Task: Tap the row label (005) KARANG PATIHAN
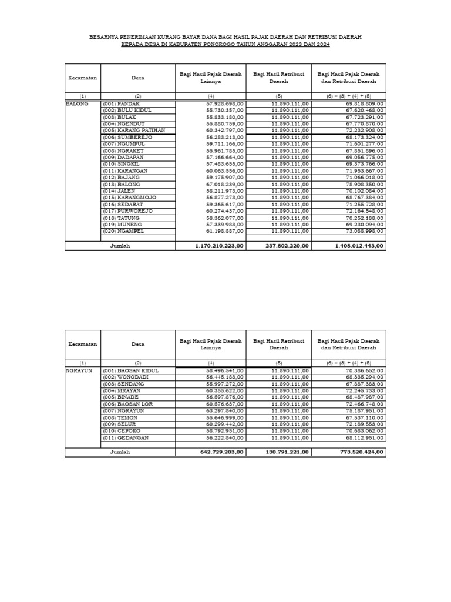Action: point(134,130)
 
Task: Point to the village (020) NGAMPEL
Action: point(123,231)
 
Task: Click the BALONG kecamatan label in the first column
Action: point(77,103)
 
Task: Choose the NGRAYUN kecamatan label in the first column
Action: point(79,370)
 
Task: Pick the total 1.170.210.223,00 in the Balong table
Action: point(219,246)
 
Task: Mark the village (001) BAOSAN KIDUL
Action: point(130,370)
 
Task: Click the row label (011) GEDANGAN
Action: point(126,437)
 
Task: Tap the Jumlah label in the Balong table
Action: point(120,246)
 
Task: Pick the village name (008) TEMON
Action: point(120,417)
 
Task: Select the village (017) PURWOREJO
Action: point(127,211)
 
